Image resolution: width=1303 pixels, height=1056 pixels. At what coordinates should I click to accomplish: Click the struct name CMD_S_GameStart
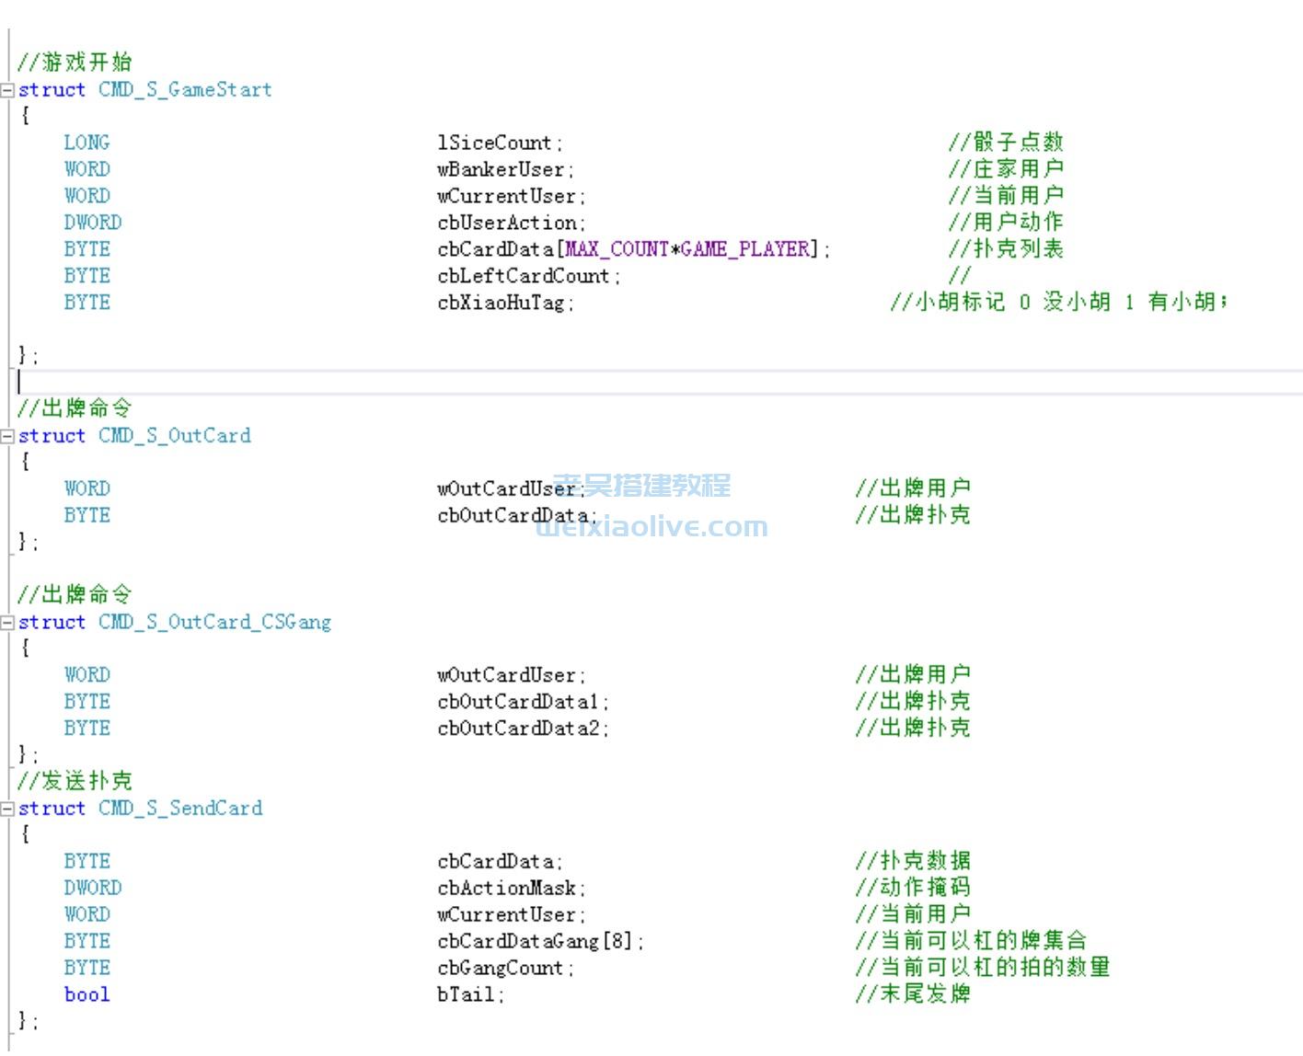(185, 90)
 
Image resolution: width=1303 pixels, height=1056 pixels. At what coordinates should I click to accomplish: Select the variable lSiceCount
(495, 143)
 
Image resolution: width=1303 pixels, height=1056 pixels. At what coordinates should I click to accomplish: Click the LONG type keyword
(86, 143)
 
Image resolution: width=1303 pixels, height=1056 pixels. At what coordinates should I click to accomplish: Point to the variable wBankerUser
(502, 170)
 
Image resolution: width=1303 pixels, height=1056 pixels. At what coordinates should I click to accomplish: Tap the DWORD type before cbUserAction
(92, 223)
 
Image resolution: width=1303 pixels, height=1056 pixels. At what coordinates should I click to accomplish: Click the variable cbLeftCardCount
(524, 276)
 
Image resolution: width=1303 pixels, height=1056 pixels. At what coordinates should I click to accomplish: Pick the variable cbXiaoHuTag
(502, 303)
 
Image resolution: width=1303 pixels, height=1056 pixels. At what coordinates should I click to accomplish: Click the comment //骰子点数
(1006, 143)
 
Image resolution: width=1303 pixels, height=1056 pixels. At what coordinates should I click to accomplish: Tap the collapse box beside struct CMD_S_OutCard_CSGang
(8, 623)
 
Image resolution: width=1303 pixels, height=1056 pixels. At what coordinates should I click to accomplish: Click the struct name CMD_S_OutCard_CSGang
(214, 623)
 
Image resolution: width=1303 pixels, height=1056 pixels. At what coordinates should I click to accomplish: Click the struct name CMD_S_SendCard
(180, 809)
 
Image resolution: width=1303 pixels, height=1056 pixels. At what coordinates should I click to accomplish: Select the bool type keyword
(86, 995)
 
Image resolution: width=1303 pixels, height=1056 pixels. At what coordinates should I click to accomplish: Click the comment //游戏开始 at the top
(75, 63)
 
